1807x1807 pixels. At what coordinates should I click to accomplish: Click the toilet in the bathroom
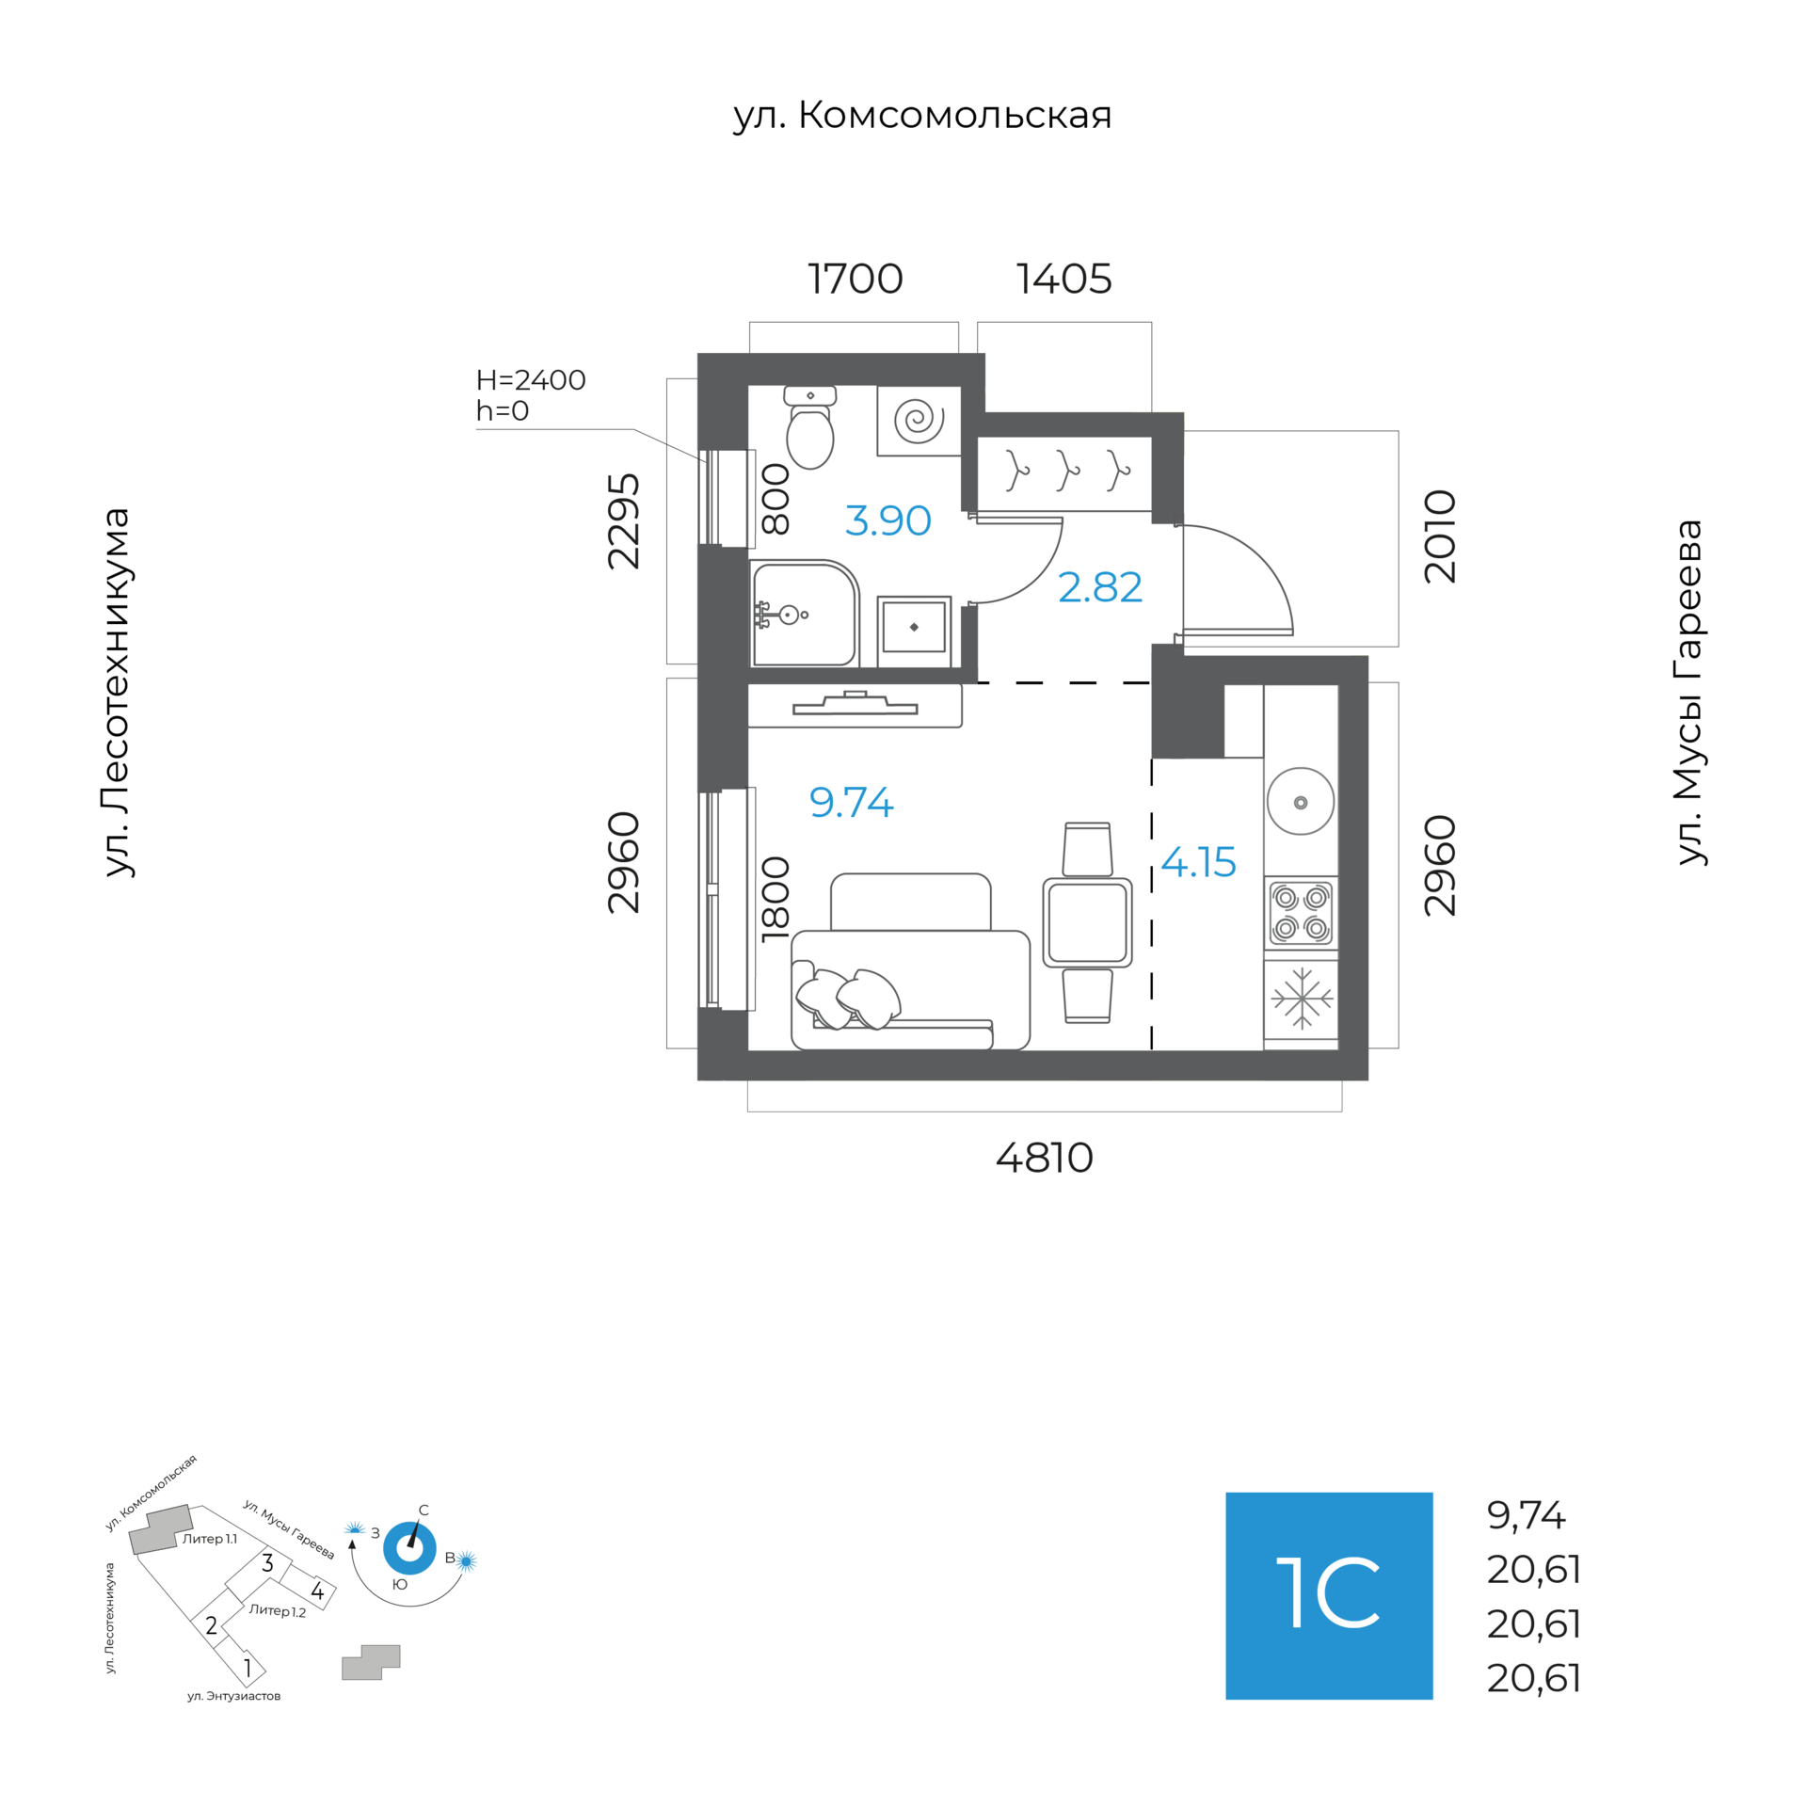[809, 430]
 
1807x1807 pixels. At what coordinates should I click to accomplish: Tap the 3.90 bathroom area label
[888, 520]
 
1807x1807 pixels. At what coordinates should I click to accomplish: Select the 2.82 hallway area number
[1099, 587]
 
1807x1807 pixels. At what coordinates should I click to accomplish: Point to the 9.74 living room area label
[851, 802]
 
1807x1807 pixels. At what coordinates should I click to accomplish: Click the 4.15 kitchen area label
[1198, 862]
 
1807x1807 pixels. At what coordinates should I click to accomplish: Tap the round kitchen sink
[1300, 802]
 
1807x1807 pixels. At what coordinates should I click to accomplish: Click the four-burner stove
[1301, 913]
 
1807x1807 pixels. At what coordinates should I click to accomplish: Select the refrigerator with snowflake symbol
[1301, 999]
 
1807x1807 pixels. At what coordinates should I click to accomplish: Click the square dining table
[1087, 922]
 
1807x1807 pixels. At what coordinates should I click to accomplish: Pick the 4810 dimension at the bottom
[1044, 1159]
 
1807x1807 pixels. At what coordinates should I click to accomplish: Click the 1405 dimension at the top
[1063, 279]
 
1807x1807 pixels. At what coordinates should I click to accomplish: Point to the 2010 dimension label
[1440, 536]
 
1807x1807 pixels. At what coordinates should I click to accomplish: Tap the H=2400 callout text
[531, 380]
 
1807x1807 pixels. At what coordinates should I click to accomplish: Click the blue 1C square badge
[1328, 1595]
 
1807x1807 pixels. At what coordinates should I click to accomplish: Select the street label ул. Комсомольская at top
[922, 115]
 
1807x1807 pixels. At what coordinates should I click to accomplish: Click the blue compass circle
[409, 1548]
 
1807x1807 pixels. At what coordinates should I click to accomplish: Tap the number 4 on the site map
[317, 1591]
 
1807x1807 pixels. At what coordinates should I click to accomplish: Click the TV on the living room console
[855, 705]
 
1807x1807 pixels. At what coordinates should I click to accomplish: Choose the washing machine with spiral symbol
[919, 420]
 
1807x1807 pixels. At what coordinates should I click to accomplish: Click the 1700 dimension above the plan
[855, 279]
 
